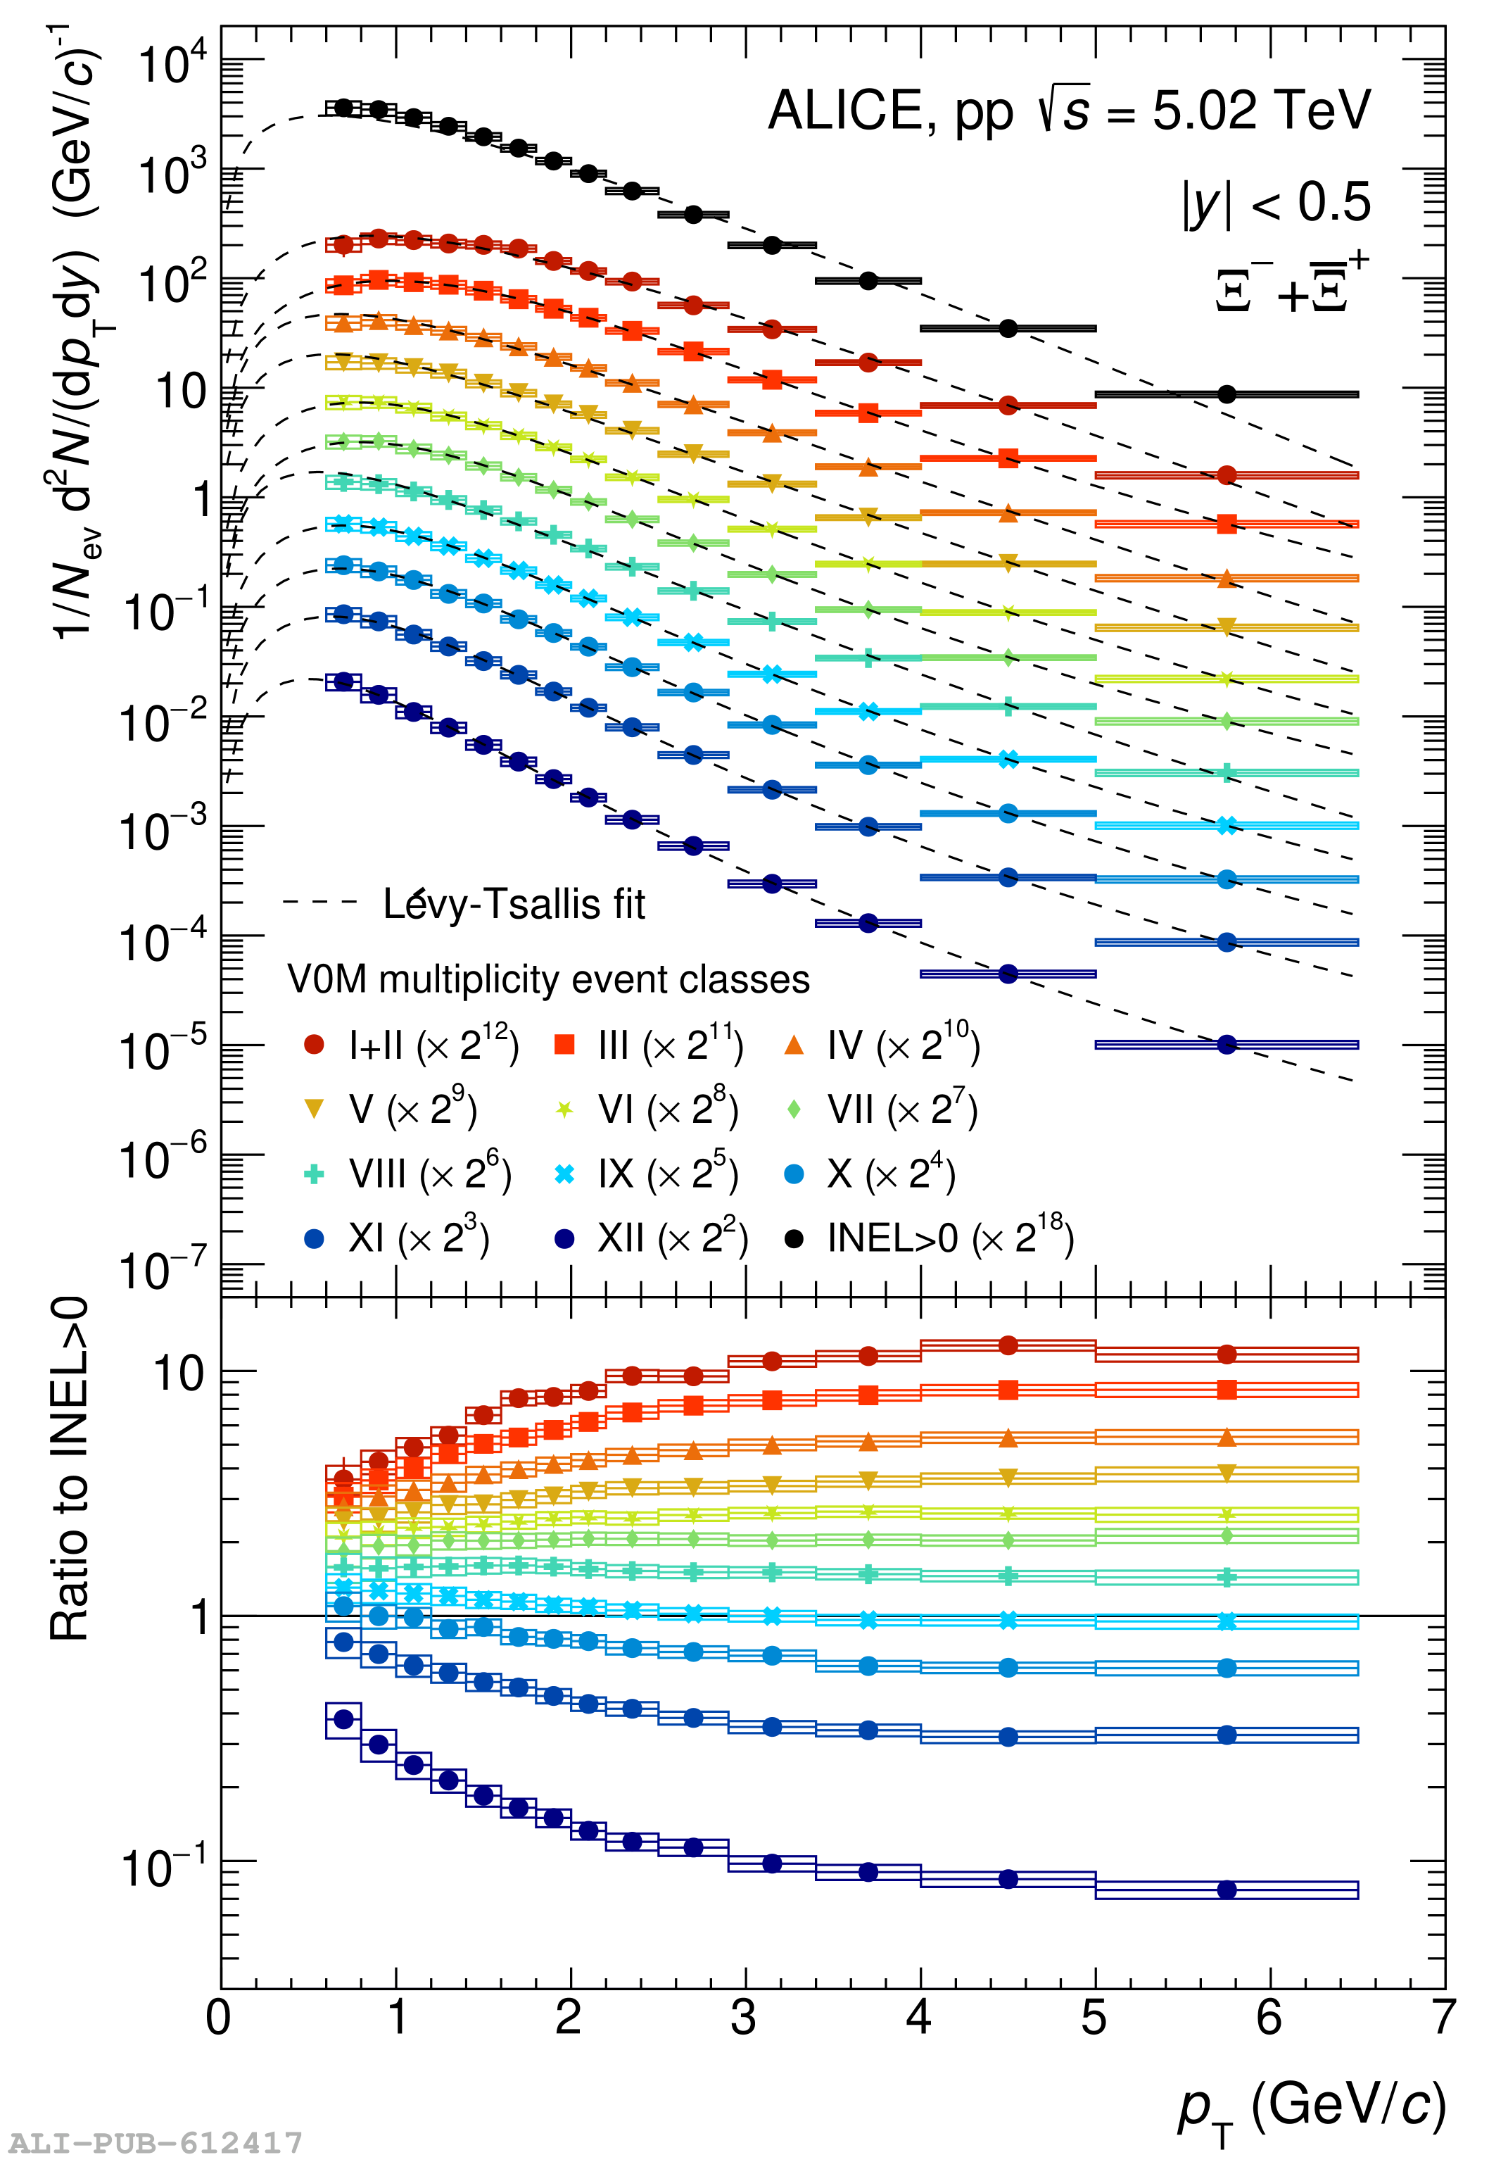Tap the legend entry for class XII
click(x=653, y=1239)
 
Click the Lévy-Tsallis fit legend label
click(x=513, y=903)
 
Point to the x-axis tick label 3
click(x=744, y=2018)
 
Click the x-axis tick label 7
click(x=1443, y=2018)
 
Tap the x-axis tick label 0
click(x=218, y=2018)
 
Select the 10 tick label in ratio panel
click(x=177, y=1374)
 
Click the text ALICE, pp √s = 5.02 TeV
click(x=1068, y=111)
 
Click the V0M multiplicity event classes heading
click(x=549, y=980)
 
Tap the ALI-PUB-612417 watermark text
click(x=156, y=2142)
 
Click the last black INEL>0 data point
click(x=1227, y=395)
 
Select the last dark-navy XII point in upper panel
click(x=1227, y=1044)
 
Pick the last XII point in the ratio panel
click(x=1227, y=1890)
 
